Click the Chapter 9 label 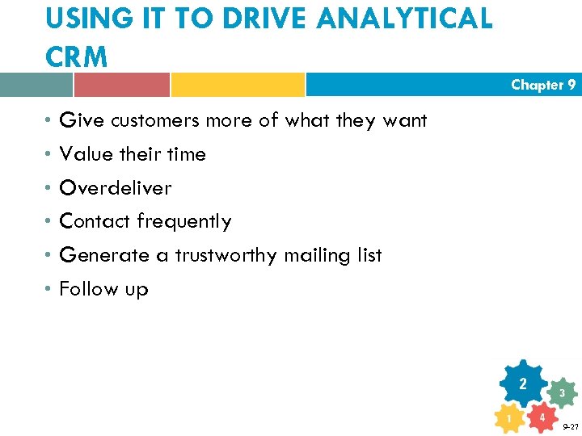(543, 85)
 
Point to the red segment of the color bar (121, 85)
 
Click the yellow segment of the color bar (238, 85)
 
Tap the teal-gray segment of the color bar (36, 85)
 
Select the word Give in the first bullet (82, 120)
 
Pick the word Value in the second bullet (85, 154)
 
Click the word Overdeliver (116, 188)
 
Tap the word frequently (183, 221)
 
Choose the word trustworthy (226, 255)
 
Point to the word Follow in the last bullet (88, 289)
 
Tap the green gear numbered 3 (561, 393)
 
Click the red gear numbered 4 (542, 417)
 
